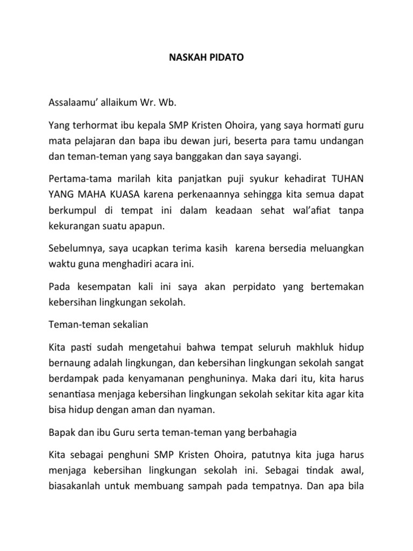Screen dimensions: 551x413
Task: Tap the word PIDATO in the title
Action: tap(225, 56)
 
